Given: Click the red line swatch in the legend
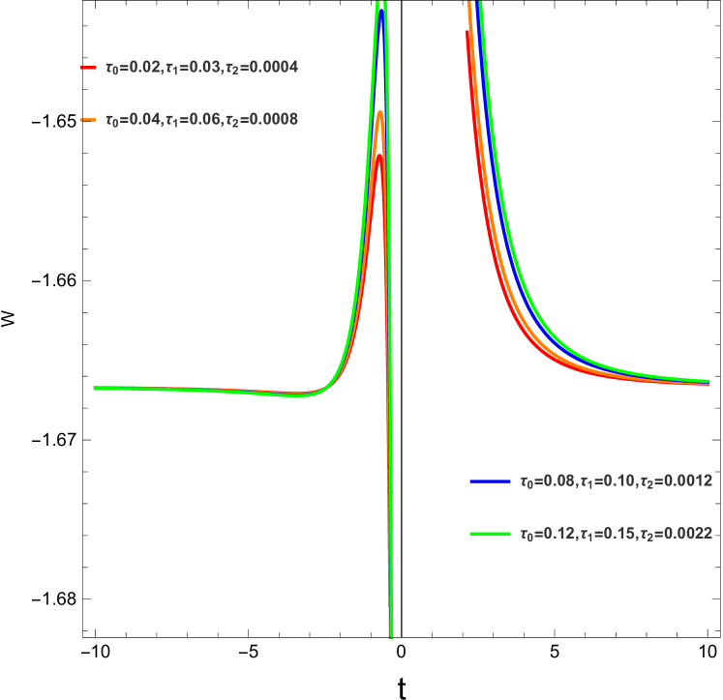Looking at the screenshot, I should pos(88,69).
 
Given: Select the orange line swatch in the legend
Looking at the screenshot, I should pos(88,120).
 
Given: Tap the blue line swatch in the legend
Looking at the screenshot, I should pos(490,481).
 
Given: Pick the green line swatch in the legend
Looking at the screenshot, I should pos(490,533).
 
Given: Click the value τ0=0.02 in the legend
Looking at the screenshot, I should pos(132,69).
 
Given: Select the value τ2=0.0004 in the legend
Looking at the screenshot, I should pos(260,69).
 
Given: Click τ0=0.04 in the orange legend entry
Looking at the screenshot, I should pos(132,120).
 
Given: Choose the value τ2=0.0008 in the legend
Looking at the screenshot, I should pos(260,120).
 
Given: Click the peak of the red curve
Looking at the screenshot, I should pos(379,155).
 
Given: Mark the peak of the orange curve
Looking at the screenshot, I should pos(379,112).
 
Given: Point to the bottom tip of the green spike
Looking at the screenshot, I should pos(391,635).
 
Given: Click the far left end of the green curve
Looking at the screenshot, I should pos(95,388).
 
